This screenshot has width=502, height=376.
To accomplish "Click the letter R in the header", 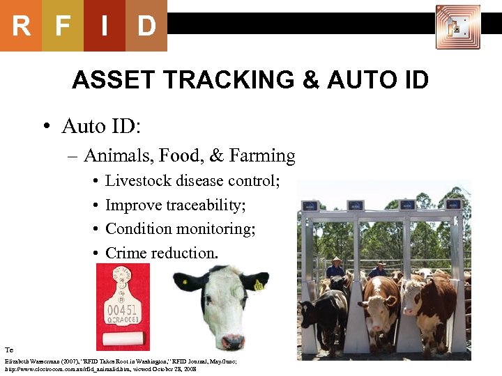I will (x=21, y=26).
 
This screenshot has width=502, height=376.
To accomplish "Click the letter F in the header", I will (x=63, y=26).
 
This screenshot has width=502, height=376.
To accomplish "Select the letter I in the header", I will (x=105, y=26).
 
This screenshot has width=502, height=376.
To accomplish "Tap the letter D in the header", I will (x=146, y=26).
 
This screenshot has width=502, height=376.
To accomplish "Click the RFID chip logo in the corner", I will (x=458, y=27).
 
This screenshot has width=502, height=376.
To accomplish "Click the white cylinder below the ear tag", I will (x=123, y=339).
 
